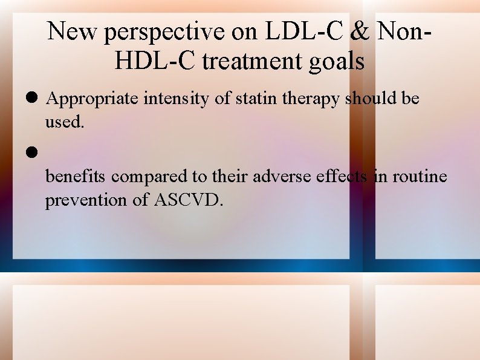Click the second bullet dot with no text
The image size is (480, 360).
[x=33, y=152]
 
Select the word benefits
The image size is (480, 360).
[x=76, y=176]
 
